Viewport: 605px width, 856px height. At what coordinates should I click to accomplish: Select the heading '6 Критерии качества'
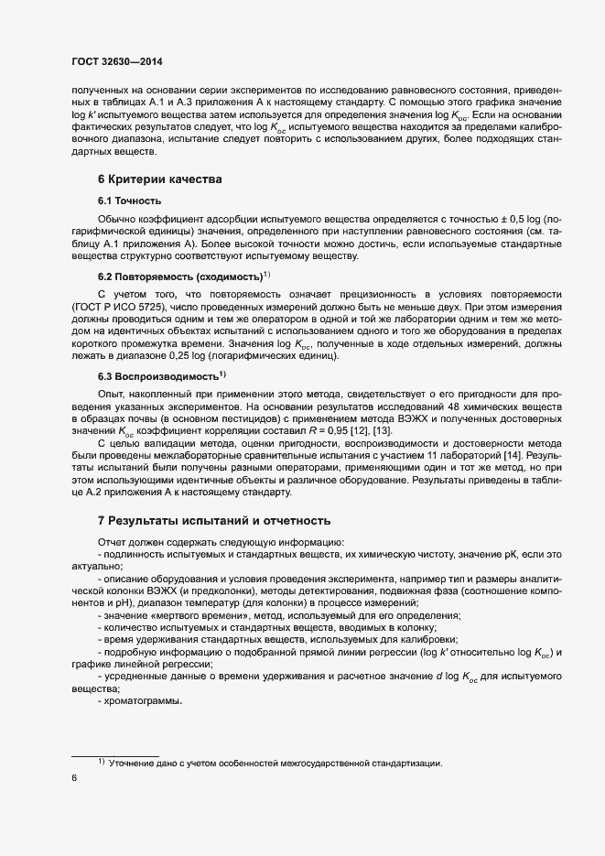159,179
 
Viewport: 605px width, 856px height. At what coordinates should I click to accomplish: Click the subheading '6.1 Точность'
130,200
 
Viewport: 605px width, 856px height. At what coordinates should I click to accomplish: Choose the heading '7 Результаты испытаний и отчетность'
213,520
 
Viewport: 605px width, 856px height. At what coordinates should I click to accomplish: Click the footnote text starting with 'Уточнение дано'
275,763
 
